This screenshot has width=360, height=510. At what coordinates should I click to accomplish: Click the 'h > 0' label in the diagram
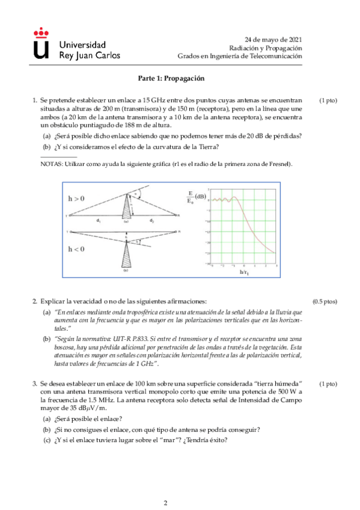[x=77, y=198]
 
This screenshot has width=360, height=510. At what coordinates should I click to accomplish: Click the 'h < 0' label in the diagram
[x=77, y=248]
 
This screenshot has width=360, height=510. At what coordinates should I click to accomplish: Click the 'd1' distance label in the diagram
[x=98, y=221]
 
